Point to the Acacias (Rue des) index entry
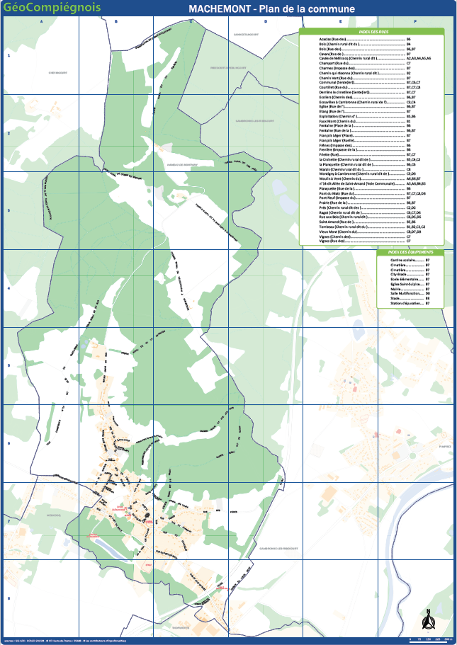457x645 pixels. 333,40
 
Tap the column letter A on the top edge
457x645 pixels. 41,21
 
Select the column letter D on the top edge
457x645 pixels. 265,21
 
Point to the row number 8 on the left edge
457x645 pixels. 8,597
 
